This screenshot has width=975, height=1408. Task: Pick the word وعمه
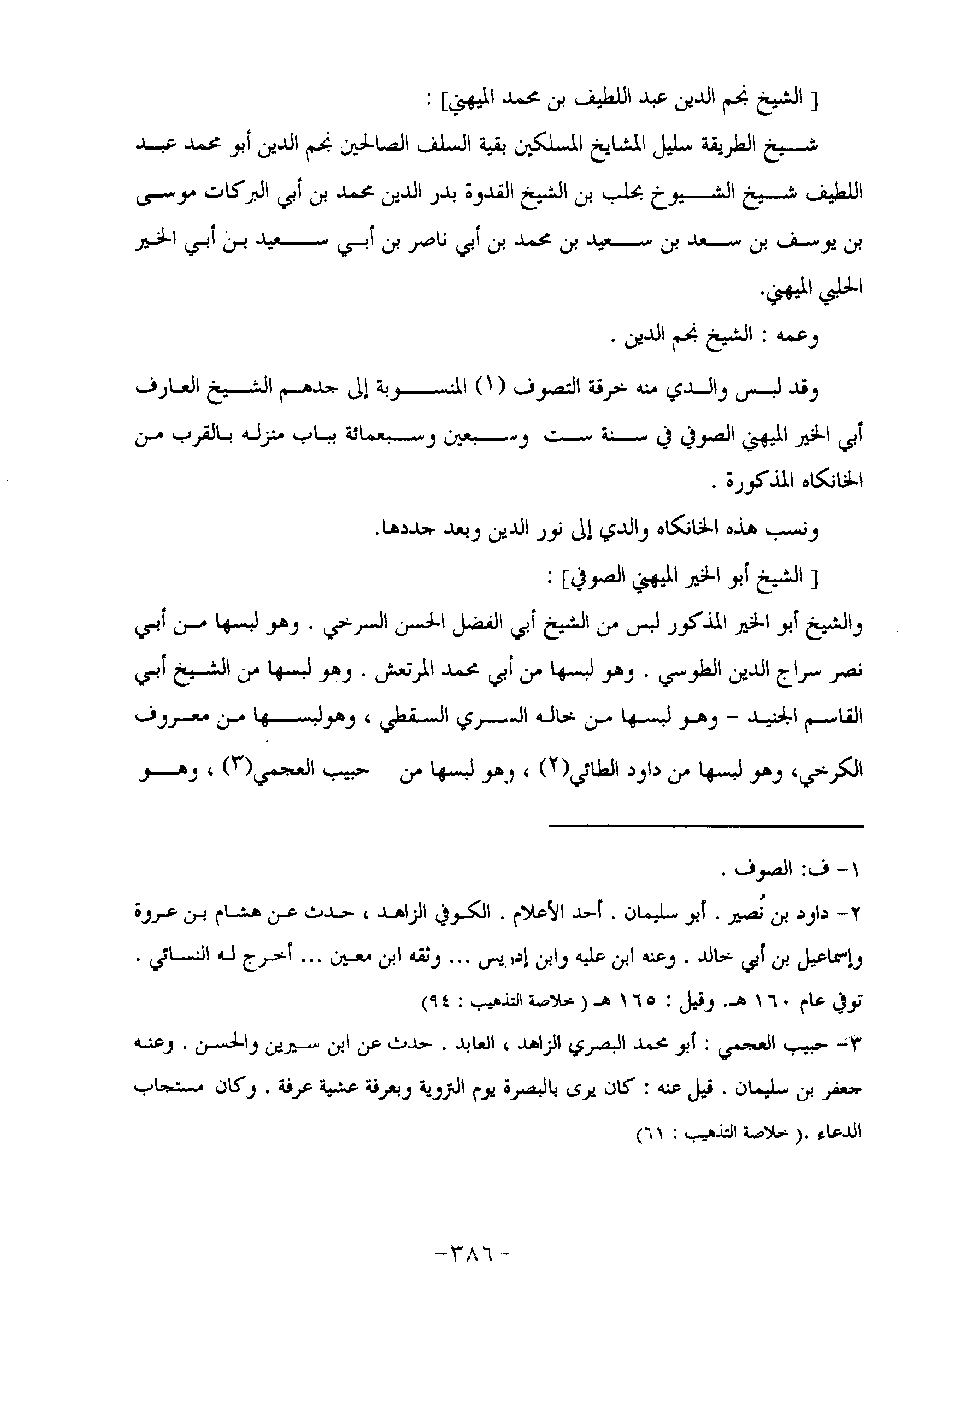tap(797, 337)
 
